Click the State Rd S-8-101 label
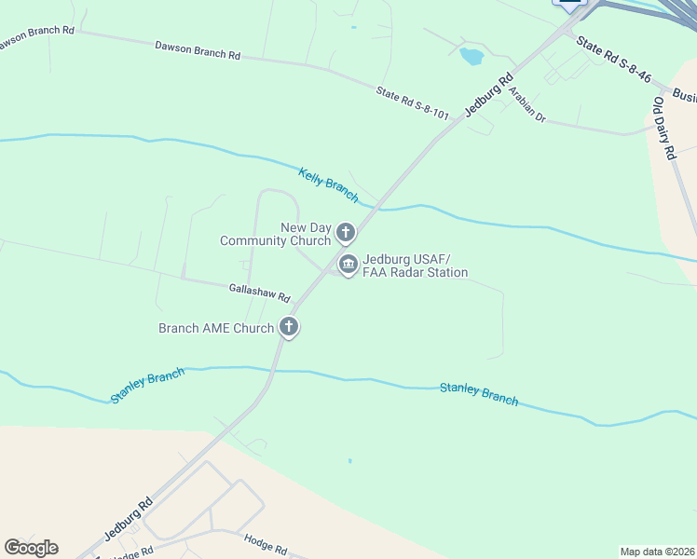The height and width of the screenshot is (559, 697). [x=413, y=103]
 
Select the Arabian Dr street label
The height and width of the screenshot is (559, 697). [x=526, y=111]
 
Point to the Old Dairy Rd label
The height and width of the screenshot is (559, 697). [x=663, y=129]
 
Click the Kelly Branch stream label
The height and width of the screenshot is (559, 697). [x=328, y=184]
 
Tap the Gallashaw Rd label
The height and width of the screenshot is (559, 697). [x=259, y=293]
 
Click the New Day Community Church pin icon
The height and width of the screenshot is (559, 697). [x=346, y=232]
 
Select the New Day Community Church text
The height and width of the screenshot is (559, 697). [x=276, y=235]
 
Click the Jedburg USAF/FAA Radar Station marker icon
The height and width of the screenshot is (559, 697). [x=348, y=265]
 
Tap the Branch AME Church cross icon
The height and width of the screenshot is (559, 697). [x=289, y=327]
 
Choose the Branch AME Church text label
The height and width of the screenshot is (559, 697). [x=216, y=328]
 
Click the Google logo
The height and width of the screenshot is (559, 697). [x=31, y=548]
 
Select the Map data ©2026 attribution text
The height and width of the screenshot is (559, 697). [x=657, y=552]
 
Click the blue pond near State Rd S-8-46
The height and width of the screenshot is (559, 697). [x=471, y=56]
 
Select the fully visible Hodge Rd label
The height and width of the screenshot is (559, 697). [x=266, y=544]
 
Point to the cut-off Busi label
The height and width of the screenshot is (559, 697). [x=684, y=96]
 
